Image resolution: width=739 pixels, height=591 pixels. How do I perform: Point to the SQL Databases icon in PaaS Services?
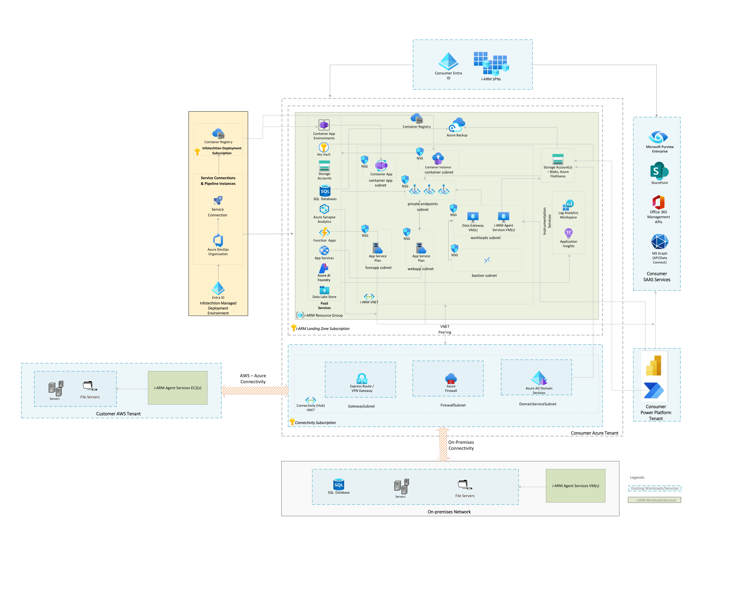pyautogui.click(x=325, y=191)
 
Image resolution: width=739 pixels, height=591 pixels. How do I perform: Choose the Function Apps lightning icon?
pyautogui.click(x=324, y=233)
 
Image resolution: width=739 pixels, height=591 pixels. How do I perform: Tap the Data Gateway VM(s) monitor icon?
pyautogui.click(x=473, y=217)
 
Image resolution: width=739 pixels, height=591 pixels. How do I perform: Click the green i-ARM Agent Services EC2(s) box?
pyautogui.click(x=178, y=388)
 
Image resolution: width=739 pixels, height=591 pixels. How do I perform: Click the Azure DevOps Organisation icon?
pyautogui.click(x=218, y=241)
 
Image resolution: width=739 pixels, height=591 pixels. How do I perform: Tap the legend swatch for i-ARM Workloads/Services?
pyautogui.click(x=654, y=500)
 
